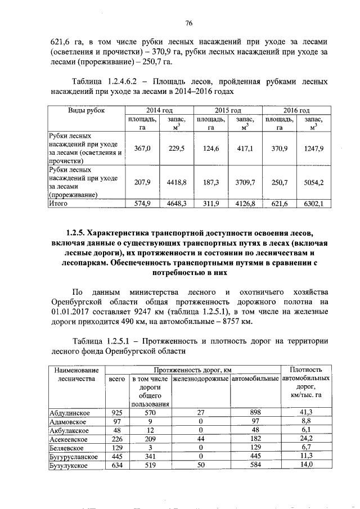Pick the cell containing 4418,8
pyautogui.click(x=176, y=182)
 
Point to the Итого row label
pyautogui.click(x=59, y=204)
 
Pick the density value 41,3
pyautogui.click(x=306, y=412)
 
